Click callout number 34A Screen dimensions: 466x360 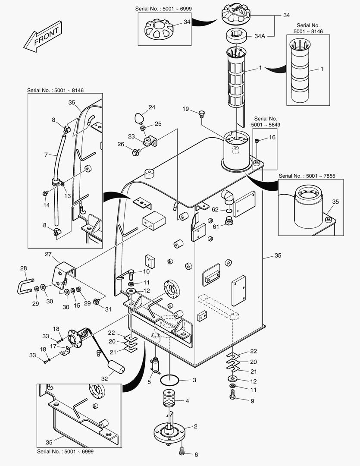pyautogui.click(x=260, y=37)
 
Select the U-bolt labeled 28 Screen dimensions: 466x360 pyautogui.click(x=25, y=286)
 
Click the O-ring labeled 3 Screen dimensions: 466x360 pyautogui.click(x=170, y=381)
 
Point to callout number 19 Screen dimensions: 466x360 pyautogui.click(x=186, y=109)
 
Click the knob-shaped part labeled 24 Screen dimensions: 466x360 pyautogui.click(x=139, y=117)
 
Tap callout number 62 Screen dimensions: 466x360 pyautogui.click(x=215, y=210)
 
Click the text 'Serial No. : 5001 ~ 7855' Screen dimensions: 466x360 pyautogui.click(x=307, y=176)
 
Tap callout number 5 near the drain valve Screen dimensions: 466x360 pyautogui.click(x=150, y=381)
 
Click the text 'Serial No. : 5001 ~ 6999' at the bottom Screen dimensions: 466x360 pyautogui.click(x=65, y=451)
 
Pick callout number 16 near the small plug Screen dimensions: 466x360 pyautogui.click(x=272, y=137)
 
